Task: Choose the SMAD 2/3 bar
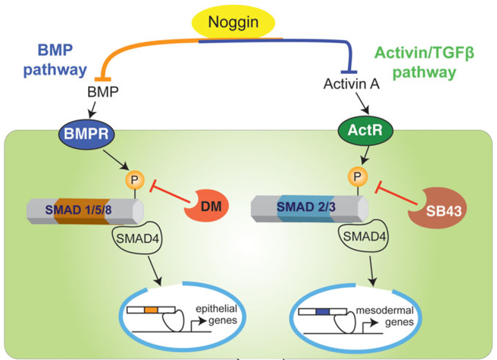(308, 208)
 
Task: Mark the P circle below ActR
(359, 175)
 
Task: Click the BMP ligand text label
(103, 92)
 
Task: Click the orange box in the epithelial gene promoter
(151, 310)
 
